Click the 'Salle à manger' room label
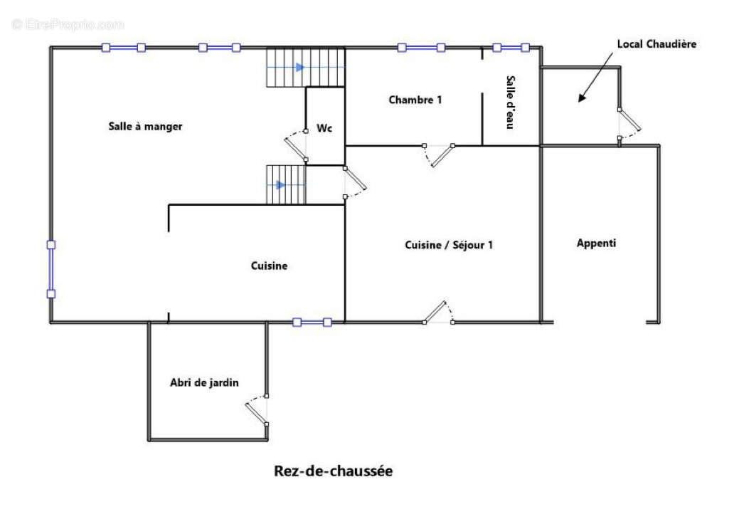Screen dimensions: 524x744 click(145, 127)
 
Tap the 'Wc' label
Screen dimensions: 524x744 click(324, 129)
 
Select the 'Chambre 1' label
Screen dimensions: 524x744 click(415, 100)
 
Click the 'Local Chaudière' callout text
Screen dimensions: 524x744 click(656, 44)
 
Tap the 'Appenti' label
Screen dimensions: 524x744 click(596, 243)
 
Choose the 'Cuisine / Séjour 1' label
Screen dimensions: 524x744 click(449, 245)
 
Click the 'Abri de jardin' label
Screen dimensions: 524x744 click(204, 383)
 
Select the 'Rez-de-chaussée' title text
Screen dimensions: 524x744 click(333, 471)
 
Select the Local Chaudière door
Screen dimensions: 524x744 click(629, 121)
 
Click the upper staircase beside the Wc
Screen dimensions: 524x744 click(305, 68)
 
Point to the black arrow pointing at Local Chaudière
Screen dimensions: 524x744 click(596, 79)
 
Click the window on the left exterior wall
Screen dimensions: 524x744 click(51, 269)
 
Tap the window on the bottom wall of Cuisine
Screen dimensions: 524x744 click(312, 323)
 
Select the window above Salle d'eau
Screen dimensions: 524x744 click(511, 48)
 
